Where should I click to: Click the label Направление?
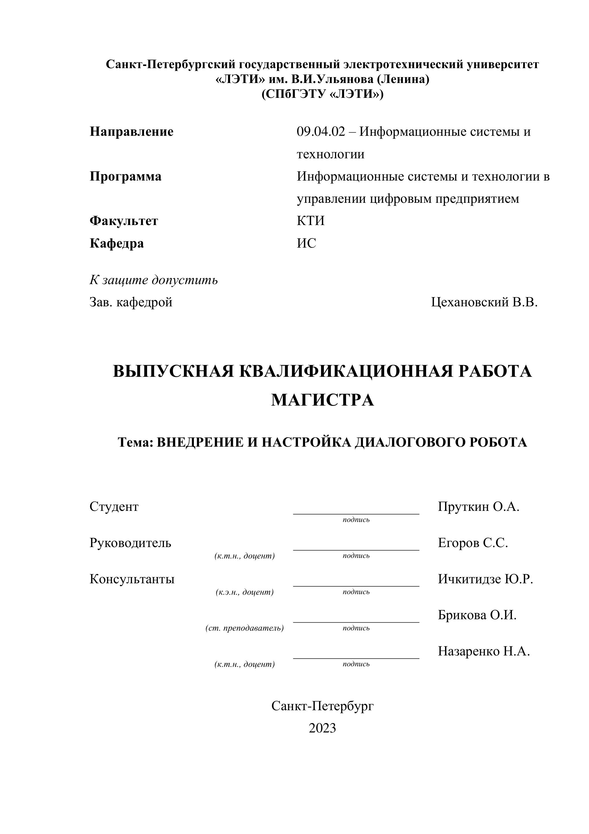click(x=131, y=131)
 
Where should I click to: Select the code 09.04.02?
click(x=321, y=131)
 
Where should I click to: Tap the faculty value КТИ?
click(x=310, y=221)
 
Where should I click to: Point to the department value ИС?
click(x=306, y=243)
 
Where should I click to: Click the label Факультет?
click(x=124, y=221)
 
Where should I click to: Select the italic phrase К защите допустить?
click(x=154, y=280)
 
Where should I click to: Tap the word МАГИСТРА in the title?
click(x=322, y=400)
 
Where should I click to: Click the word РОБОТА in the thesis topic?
click(x=498, y=442)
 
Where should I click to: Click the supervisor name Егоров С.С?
click(x=473, y=543)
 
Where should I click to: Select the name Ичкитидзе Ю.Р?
click(x=486, y=579)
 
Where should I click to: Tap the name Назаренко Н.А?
click(x=484, y=651)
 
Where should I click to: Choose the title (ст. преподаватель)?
click(x=244, y=628)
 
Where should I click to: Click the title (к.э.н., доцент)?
click(x=244, y=592)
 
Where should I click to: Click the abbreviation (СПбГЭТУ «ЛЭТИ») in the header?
click(x=322, y=94)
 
